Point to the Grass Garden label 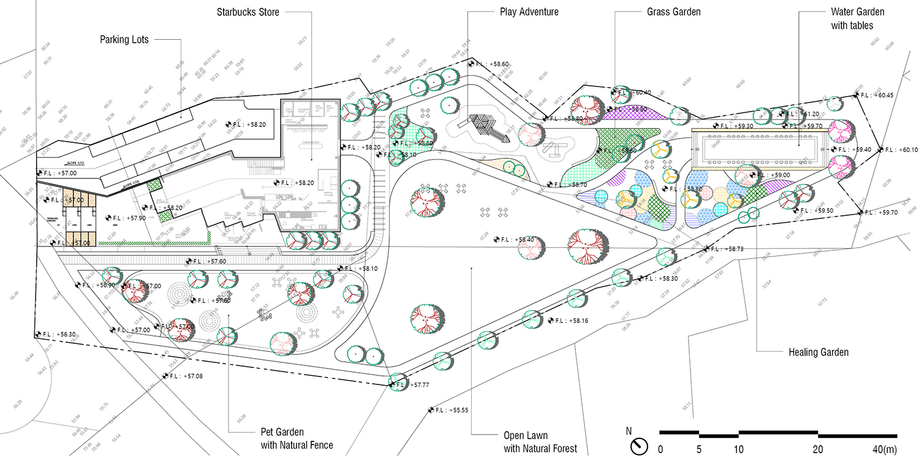(673, 12)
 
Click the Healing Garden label (819, 353)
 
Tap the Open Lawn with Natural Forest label (540, 442)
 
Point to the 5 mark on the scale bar (699, 449)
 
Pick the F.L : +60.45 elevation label (876, 95)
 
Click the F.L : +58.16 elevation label (566, 321)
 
